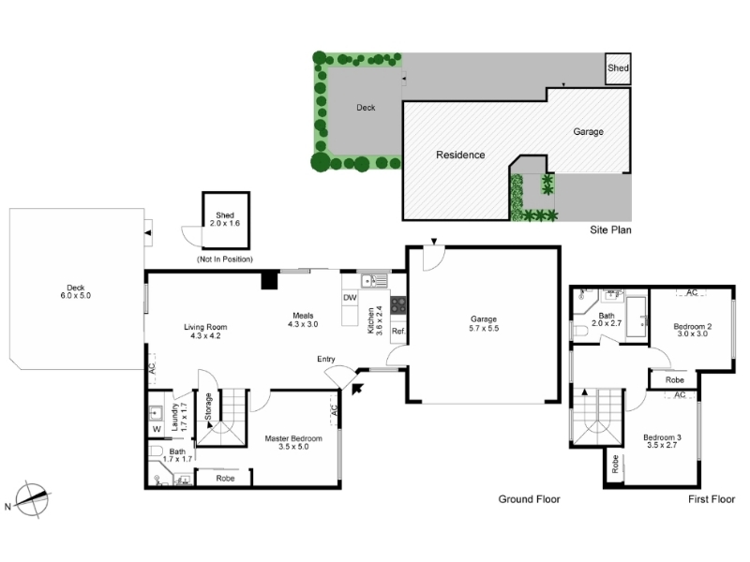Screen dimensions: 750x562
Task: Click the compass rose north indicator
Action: [32, 499]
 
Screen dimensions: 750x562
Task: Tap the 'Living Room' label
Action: [205, 327]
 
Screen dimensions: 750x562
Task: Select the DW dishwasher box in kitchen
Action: [350, 298]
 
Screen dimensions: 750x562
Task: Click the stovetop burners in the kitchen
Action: [398, 306]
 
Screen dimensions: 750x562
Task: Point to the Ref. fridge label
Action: [398, 331]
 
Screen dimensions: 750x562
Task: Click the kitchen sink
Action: [373, 281]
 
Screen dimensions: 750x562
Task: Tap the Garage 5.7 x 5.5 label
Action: [484, 323]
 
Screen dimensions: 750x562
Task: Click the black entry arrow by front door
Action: [357, 389]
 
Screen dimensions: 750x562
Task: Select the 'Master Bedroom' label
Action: [293, 438]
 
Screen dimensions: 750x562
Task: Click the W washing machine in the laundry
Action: [157, 429]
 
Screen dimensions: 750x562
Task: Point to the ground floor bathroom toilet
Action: [156, 451]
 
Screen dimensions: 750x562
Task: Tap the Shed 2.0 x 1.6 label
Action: [225, 219]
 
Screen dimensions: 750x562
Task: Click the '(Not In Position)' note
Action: [225, 259]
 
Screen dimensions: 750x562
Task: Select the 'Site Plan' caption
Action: [610, 229]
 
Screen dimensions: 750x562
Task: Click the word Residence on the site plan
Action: [460, 155]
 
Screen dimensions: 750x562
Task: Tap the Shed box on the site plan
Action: [618, 68]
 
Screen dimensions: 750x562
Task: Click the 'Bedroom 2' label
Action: [693, 326]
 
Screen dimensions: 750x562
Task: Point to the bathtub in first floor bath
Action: [637, 317]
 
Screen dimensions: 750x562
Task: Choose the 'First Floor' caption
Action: [712, 499]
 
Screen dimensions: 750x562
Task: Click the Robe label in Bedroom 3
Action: [615, 464]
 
